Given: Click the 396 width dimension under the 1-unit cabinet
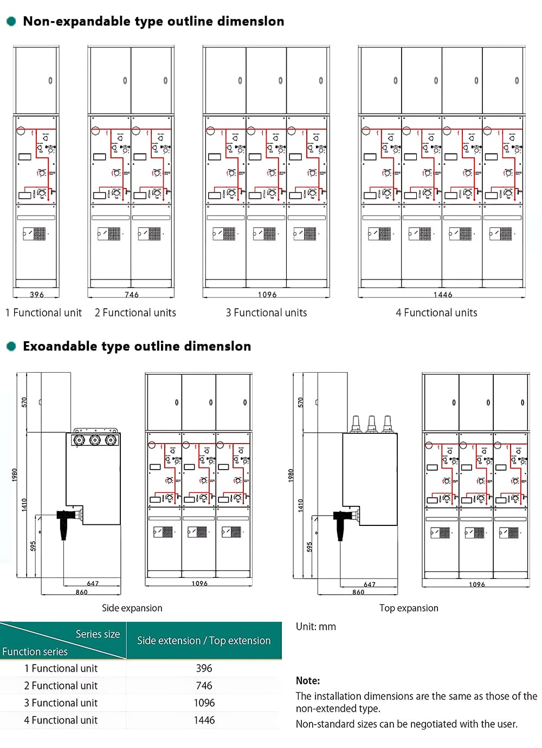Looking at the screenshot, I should pos(37,295).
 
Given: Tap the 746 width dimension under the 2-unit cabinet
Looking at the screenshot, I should pos(132,295).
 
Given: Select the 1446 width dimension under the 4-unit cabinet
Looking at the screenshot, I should pos(443,295).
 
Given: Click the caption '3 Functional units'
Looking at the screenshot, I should pos(266,313).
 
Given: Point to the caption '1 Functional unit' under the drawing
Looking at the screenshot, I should pos(43,313).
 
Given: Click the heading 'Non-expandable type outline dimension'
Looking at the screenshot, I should pos(153,22).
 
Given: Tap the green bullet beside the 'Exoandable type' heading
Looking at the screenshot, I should pos(11,346).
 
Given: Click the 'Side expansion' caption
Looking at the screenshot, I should pos(132,608).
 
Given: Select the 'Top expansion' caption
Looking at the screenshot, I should pos(409,608).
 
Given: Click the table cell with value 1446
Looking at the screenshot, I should pos(204,720).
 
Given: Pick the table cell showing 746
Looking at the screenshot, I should pos(204,685).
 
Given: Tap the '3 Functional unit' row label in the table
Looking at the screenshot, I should pos(61,703).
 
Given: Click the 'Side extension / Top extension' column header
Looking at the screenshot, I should pos(204,640).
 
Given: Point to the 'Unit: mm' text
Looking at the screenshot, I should pos(316,627).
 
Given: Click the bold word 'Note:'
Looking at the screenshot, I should pos(308,681).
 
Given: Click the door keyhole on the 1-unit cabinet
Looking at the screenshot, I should pos(50,81).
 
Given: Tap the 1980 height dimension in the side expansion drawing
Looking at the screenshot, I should pos(15,475).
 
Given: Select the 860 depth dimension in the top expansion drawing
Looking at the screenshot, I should pos(358,592).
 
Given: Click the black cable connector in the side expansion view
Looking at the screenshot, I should pos(65,522).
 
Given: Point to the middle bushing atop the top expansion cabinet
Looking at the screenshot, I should pos(372,423).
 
